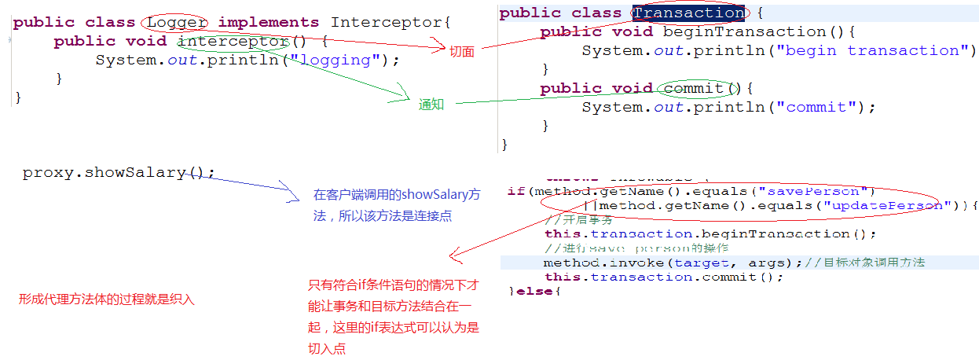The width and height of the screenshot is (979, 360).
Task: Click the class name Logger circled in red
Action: pyautogui.click(x=177, y=23)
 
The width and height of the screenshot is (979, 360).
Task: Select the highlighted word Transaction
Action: pyautogui.click(x=689, y=13)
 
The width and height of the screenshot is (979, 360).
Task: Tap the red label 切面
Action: pyautogui.click(x=461, y=51)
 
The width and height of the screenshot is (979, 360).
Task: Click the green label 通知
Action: pyautogui.click(x=431, y=104)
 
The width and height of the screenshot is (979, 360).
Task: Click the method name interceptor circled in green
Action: pyautogui.click(x=233, y=42)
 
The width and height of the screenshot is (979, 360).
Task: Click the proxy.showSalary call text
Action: pyautogui.click(x=118, y=173)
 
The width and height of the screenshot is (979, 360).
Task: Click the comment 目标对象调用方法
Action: pyautogui.click(x=874, y=263)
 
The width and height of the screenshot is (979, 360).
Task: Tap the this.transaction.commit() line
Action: pyautogui.click(x=664, y=277)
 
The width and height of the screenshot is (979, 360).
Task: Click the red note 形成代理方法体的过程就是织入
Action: pyautogui.click(x=107, y=299)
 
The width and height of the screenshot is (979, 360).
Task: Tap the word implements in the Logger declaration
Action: pyautogui.click(x=269, y=23)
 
